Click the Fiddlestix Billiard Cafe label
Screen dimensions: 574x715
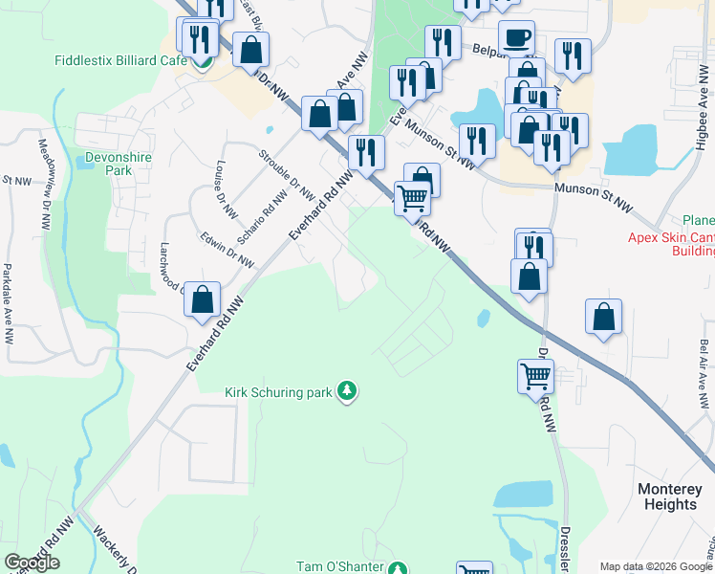point(120,59)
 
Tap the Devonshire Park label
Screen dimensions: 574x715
point(106,162)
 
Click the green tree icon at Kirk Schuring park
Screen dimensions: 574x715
point(349,390)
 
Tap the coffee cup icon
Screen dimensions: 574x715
point(516,37)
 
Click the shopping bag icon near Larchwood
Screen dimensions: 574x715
point(203,299)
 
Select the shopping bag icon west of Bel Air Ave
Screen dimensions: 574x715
point(603,317)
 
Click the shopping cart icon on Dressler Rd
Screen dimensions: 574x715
point(535,375)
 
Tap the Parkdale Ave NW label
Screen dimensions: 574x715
point(8,303)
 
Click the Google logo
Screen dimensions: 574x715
point(32,563)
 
